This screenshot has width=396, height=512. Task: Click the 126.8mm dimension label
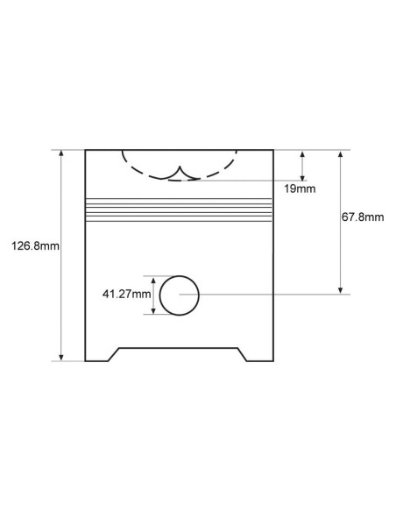[x=36, y=245]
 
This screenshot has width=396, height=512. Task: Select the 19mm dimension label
[x=300, y=188]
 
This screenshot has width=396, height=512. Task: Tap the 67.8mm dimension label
[x=363, y=217]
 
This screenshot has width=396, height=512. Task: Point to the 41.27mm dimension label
[x=126, y=294]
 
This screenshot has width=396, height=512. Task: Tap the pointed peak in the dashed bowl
[x=180, y=167]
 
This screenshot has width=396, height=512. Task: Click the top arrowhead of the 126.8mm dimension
[x=61, y=153]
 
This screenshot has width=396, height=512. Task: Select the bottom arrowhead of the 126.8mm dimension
[x=61, y=357]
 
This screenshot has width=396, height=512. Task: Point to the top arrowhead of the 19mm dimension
[x=302, y=154]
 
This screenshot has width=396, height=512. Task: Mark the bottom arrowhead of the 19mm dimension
[x=302, y=176]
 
